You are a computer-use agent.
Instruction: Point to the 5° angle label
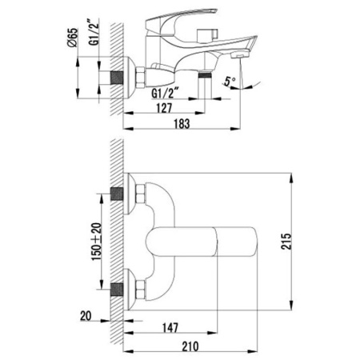tap(230, 82)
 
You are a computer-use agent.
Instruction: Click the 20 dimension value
tap(83, 316)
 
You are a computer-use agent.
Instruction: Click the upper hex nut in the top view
tap(142, 194)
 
